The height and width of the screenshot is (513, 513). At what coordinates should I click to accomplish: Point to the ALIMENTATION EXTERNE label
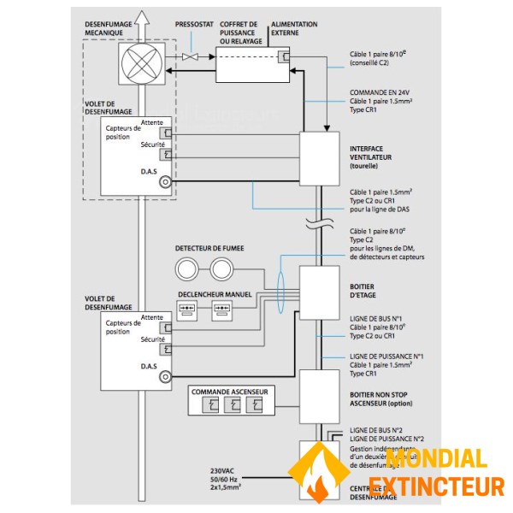(x=293, y=29)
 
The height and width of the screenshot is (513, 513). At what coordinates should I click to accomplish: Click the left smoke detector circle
(x=189, y=271)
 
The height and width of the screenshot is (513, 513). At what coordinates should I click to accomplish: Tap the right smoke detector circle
(x=221, y=271)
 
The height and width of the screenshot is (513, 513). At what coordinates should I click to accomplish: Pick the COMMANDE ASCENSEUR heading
(x=230, y=392)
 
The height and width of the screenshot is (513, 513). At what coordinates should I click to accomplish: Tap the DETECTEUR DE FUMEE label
(x=209, y=249)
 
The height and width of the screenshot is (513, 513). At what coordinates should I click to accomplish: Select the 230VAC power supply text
(x=227, y=478)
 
